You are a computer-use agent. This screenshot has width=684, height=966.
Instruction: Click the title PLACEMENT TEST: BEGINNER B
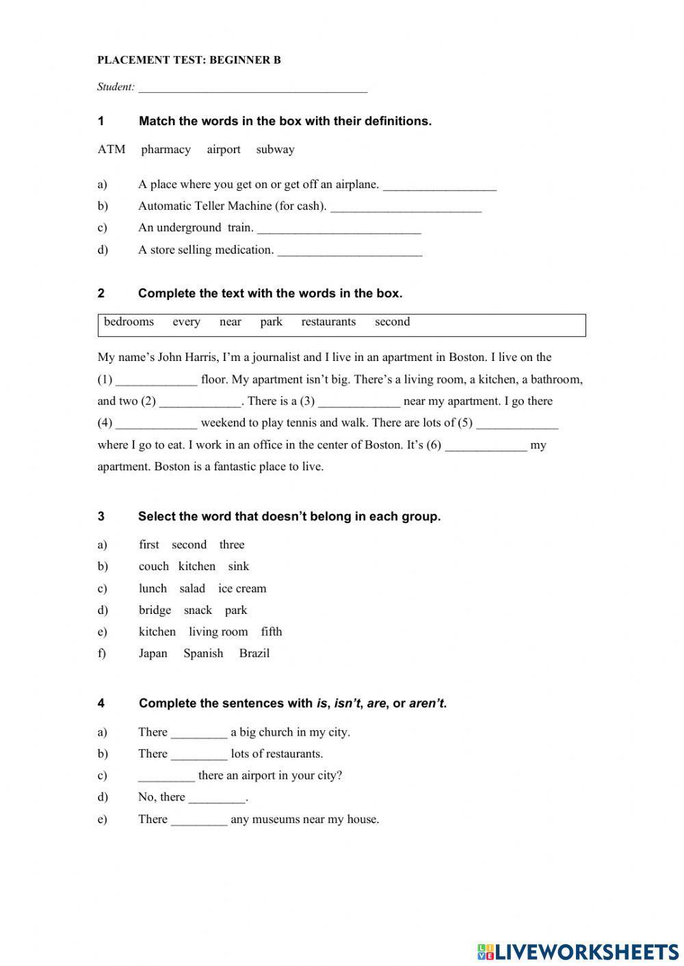[189, 60]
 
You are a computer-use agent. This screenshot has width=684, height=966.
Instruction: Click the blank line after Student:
[252, 88]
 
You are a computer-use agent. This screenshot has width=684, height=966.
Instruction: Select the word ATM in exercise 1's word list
[111, 150]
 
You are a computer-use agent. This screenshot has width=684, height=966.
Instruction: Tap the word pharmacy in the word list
[166, 150]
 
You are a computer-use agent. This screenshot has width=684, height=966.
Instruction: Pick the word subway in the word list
[275, 150]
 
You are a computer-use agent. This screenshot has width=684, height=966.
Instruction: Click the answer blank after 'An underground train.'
[339, 229]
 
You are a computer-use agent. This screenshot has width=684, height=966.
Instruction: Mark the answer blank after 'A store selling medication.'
[350, 251]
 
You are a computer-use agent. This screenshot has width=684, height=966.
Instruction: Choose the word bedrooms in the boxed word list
[129, 322]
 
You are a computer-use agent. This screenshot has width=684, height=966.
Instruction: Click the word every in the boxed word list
[186, 322]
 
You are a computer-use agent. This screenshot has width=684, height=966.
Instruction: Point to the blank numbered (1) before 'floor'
[157, 381]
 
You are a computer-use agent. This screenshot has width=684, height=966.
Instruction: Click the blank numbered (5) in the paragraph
[517, 424]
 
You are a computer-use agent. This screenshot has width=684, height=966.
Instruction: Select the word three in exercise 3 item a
[232, 545]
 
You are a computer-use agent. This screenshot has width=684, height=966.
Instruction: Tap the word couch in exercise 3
[153, 567]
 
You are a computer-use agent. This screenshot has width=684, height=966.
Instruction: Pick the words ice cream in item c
[242, 589]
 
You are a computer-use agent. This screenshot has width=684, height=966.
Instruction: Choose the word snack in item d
[198, 611]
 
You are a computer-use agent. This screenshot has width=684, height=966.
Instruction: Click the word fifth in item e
[272, 632]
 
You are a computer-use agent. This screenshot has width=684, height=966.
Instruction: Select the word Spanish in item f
[203, 654]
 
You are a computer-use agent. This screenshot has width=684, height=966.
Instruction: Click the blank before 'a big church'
[199, 734]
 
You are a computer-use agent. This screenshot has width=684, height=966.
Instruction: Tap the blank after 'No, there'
[217, 799]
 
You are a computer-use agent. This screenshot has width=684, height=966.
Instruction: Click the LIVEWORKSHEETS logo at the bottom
[578, 951]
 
